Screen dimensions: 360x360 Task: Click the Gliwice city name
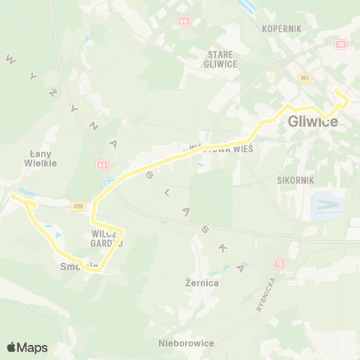point(313,121)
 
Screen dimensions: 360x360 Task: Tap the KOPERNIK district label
point(281,28)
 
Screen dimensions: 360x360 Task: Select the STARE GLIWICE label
point(223,58)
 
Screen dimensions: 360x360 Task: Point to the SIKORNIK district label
point(295,181)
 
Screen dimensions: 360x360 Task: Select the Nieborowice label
point(186,343)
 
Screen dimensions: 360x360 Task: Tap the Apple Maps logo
point(27,347)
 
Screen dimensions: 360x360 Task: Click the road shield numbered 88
point(183,20)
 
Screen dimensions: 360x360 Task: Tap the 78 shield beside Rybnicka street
point(279,264)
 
